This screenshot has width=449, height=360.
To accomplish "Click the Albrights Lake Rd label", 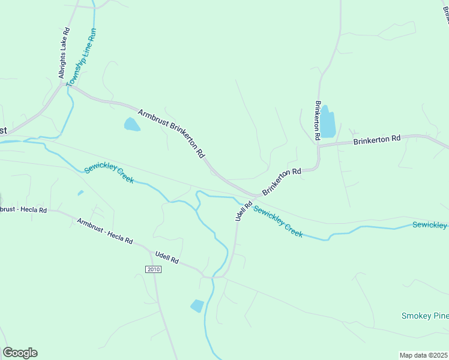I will click(64, 53).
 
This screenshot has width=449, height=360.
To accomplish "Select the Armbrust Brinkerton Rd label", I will click(172, 133).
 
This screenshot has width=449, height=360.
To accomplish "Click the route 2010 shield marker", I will click(153, 269).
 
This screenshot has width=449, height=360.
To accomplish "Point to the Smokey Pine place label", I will click(424, 316).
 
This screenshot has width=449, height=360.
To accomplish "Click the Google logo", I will click(20, 353).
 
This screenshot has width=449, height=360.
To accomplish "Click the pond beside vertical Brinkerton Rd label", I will click(327, 122).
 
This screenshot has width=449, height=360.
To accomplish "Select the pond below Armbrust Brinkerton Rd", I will click(131, 125).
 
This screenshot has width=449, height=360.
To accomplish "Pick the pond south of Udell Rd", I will click(197, 305).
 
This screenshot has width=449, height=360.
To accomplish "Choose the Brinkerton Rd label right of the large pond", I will click(376, 140).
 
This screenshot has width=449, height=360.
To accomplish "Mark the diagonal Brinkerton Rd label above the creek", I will click(281, 181).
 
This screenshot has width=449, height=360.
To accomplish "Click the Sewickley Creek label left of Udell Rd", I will click(109, 175).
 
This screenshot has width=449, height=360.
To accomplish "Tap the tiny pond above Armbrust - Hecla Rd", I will click(80, 193).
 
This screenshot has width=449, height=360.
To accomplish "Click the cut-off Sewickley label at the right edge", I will click(430, 225).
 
